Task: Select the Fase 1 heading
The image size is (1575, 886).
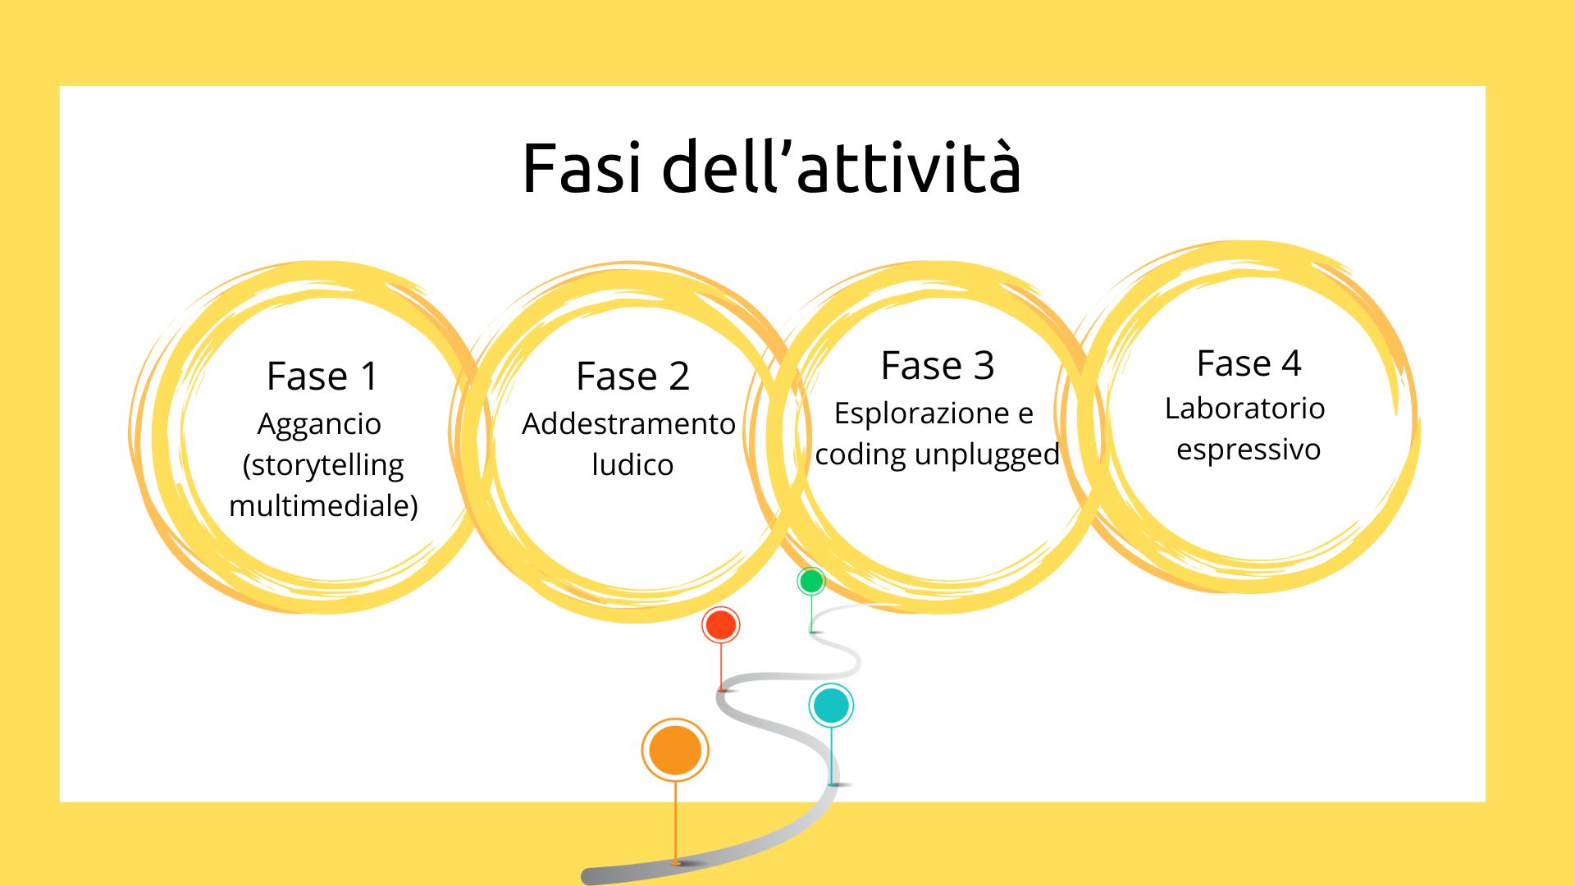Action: click(x=322, y=377)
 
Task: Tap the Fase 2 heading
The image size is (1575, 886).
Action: click(x=632, y=377)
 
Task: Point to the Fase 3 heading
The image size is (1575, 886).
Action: click(x=938, y=366)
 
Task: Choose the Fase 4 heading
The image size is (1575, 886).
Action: click(x=1249, y=363)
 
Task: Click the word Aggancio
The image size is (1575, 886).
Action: click(x=319, y=425)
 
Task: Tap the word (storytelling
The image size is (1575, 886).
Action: click(x=323, y=466)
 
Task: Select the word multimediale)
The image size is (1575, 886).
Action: click(x=323, y=505)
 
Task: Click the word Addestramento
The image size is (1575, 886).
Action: click(x=628, y=424)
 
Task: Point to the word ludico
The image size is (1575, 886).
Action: click(x=632, y=465)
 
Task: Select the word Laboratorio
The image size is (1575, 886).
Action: click(x=1244, y=409)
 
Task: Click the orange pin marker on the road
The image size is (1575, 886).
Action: click(x=675, y=750)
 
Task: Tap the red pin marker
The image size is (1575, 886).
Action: click(x=721, y=626)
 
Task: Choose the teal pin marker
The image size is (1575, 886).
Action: click(x=831, y=706)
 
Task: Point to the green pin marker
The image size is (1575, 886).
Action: click(x=811, y=582)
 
